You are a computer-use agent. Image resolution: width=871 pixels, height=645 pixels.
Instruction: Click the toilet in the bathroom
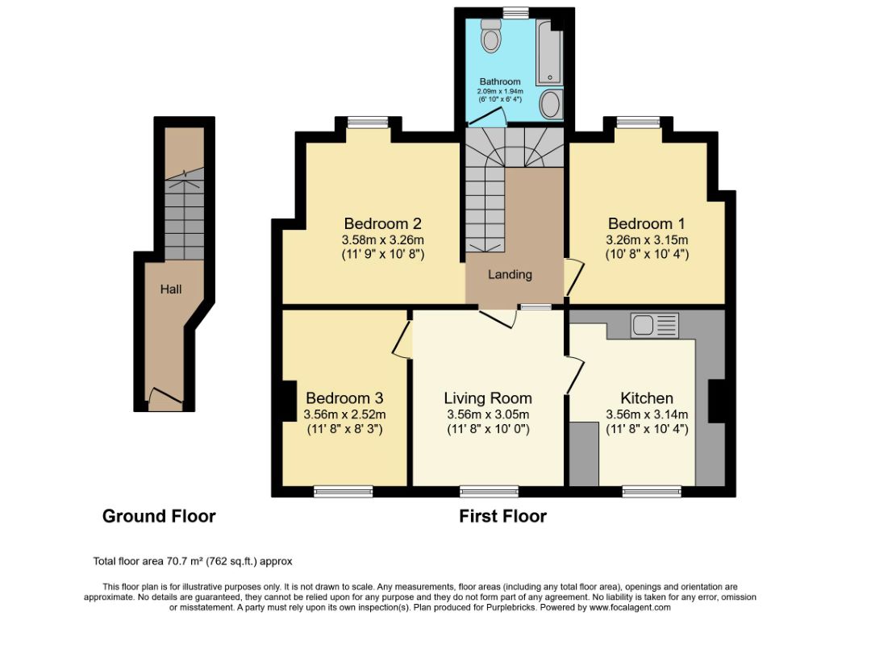pyautogui.click(x=490, y=36)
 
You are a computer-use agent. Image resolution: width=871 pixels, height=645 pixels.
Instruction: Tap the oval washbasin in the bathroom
pyautogui.click(x=549, y=104)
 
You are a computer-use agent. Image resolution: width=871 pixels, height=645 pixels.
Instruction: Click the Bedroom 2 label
pyautogui.click(x=383, y=223)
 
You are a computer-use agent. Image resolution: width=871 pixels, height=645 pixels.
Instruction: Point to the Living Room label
pyautogui.click(x=488, y=398)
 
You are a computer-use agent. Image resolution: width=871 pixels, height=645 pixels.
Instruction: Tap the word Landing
pyautogui.click(x=510, y=274)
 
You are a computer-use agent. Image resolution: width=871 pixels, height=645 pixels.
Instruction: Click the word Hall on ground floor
pyautogui.click(x=170, y=289)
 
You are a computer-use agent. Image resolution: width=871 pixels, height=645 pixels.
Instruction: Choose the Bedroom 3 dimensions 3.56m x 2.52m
pyautogui.click(x=344, y=414)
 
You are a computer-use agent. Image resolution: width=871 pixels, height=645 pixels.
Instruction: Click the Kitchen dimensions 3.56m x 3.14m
pyautogui.click(x=647, y=414)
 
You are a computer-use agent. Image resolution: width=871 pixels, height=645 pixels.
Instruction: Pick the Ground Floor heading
pyautogui.click(x=159, y=516)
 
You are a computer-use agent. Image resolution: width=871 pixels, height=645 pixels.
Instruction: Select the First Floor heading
pyautogui.click(x=502, y=516)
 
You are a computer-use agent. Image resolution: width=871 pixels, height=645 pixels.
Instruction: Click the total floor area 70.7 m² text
pyautogui.click(x=193, y=561)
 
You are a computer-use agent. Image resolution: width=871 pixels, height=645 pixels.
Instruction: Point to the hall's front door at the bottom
pyautogui.click(x=165, y=396)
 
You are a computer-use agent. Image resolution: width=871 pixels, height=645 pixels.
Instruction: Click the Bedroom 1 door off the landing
pyautogui.click(x=573, y=278)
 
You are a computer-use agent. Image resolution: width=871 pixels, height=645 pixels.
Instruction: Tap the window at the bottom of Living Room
pyautogui.click(x=489, y=490)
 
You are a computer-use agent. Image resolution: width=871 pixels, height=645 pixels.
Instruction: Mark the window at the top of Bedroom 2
pyautogui.click(x=368, y=123)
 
